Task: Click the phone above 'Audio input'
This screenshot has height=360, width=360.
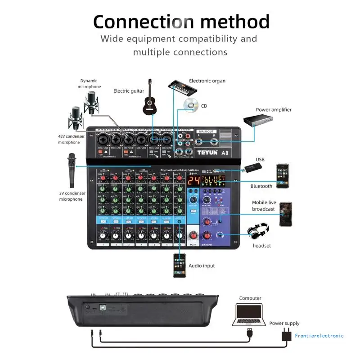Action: [x=180, y=265]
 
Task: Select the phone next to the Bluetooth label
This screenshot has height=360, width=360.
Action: [x=282, y=173]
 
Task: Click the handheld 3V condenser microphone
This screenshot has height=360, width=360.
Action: [x=72, y=171]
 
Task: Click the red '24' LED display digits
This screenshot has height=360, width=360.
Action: [x=194, y=181]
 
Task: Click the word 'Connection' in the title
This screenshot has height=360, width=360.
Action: [x=144, y=21]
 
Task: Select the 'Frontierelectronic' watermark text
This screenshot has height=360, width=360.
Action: [x=319, y=335]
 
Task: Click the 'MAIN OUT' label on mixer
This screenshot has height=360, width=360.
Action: [x=209, y=131]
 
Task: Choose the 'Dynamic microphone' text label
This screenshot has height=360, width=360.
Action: [x=89, y=84]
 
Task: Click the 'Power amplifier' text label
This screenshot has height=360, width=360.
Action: [x=274, y=109]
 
